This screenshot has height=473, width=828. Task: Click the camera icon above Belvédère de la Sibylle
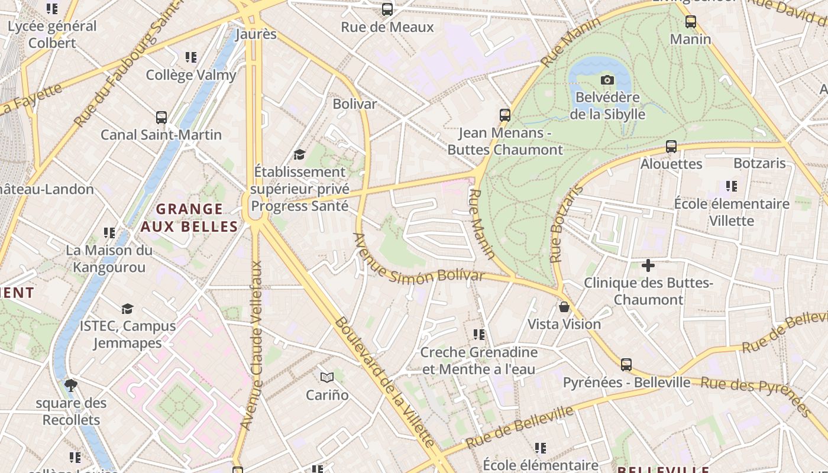[x=607, y=80]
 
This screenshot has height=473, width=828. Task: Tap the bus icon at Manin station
[x=690, y=22]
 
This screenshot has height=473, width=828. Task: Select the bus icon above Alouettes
[x=671, y=147]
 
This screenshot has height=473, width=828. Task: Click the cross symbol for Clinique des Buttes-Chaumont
[x=648, y=265]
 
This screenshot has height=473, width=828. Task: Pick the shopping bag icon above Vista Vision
[x=564, y=307]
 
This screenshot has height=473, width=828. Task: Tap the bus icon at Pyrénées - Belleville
[x=626, y=365]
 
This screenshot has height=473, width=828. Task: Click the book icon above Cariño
[x=327, y=377]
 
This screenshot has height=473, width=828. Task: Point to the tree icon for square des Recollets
[x=71, y=386]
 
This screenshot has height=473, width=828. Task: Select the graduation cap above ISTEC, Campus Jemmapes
[x=127, y=309]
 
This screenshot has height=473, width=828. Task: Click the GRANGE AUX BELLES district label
[x=189, y=218]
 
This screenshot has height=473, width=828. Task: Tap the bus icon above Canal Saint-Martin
[x=161, y=118]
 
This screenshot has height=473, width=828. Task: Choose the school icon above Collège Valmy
[x=190, y=57]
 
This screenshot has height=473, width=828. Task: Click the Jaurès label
[x=256, y=34]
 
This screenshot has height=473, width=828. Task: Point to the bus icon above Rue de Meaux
[x=387, y=9]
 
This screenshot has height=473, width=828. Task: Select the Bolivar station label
[x=354, y=104]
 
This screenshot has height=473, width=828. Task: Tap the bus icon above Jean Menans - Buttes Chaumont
[x=504, y=115]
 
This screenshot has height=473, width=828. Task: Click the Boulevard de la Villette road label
[x=384, y=382]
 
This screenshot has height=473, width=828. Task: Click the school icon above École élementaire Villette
[x=732, y=186]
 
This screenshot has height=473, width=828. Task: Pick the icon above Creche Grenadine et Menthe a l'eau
[x=478, y=335]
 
